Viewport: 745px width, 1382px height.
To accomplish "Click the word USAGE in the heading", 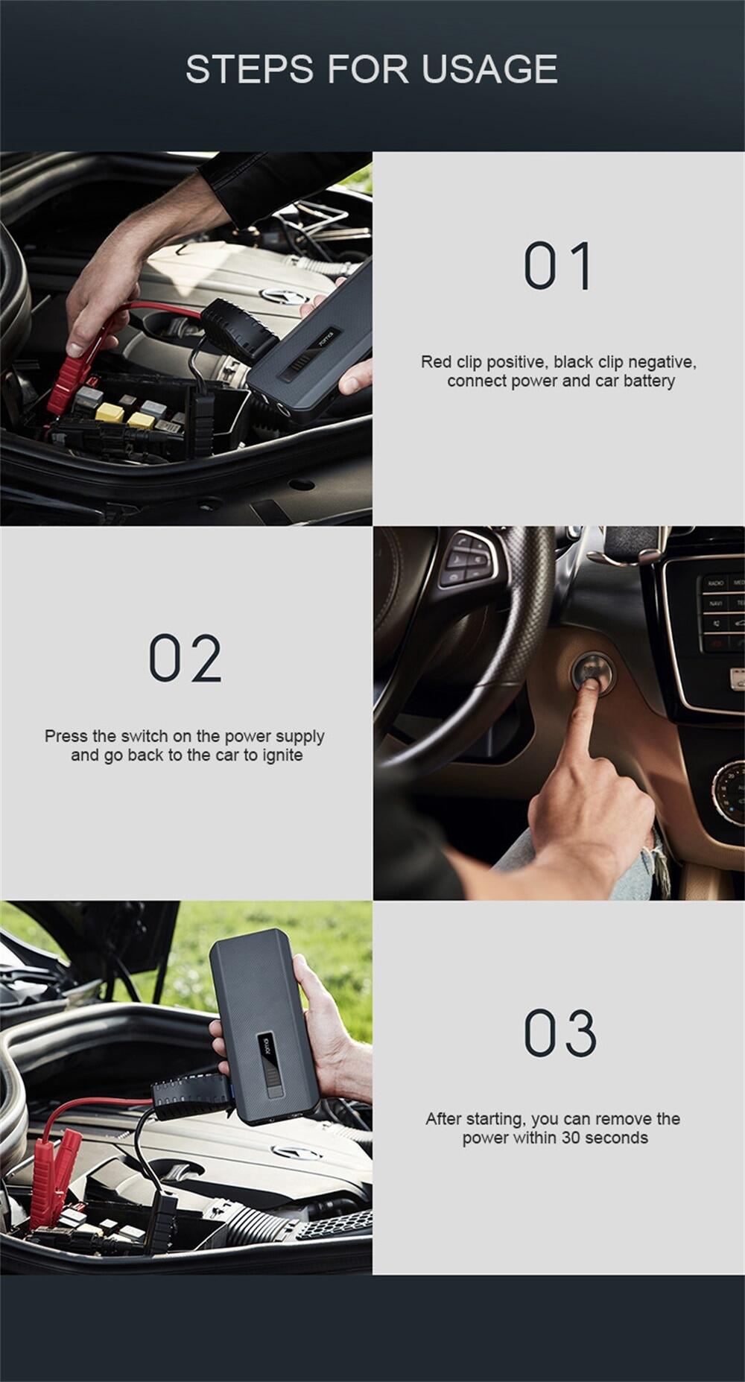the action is (489, 69).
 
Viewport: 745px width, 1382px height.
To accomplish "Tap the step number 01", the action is (559, 265).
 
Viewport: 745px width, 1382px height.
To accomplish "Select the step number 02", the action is (186, 658).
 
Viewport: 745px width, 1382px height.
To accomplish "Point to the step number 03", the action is (560, 1033).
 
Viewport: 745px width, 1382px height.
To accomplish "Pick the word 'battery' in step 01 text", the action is (650, 381).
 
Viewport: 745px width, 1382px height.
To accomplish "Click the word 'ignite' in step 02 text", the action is (282, 755).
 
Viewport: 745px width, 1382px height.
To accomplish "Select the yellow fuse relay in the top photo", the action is (110, 411).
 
